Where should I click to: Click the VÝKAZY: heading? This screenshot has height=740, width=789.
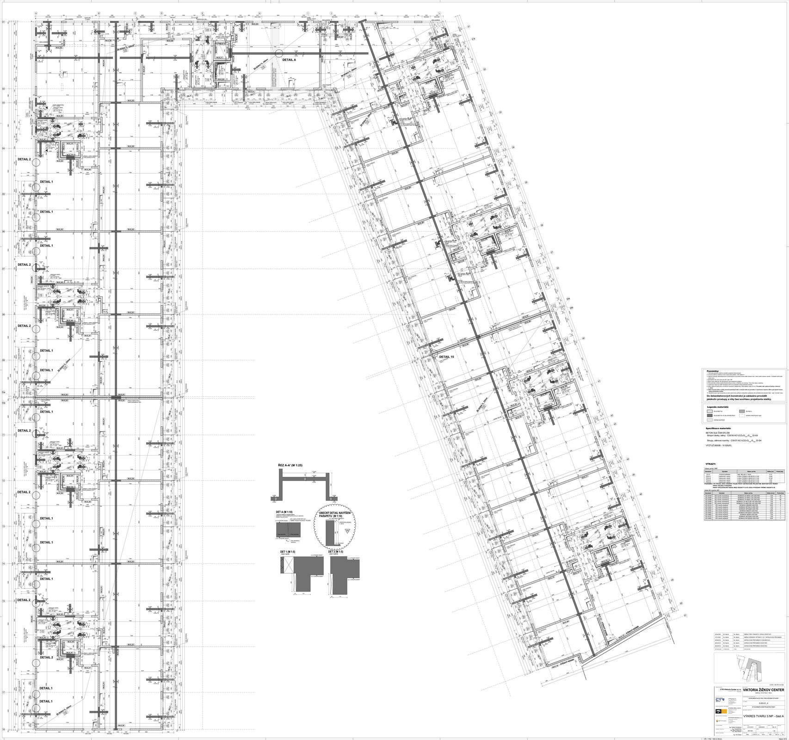(711, 463)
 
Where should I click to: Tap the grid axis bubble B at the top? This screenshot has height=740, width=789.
(99, 12)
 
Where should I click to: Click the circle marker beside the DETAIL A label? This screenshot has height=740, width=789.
(280, 53)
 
